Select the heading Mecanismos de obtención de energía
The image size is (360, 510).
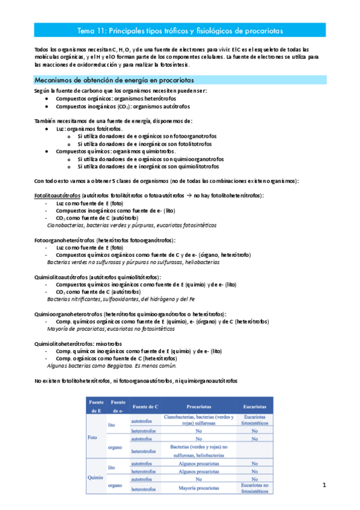coord(114,80)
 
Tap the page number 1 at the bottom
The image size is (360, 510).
coord(323,485)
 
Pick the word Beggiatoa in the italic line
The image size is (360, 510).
coord(121,365)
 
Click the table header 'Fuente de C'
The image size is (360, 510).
coord(145,406)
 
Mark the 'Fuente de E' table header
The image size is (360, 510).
coord(96,406)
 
